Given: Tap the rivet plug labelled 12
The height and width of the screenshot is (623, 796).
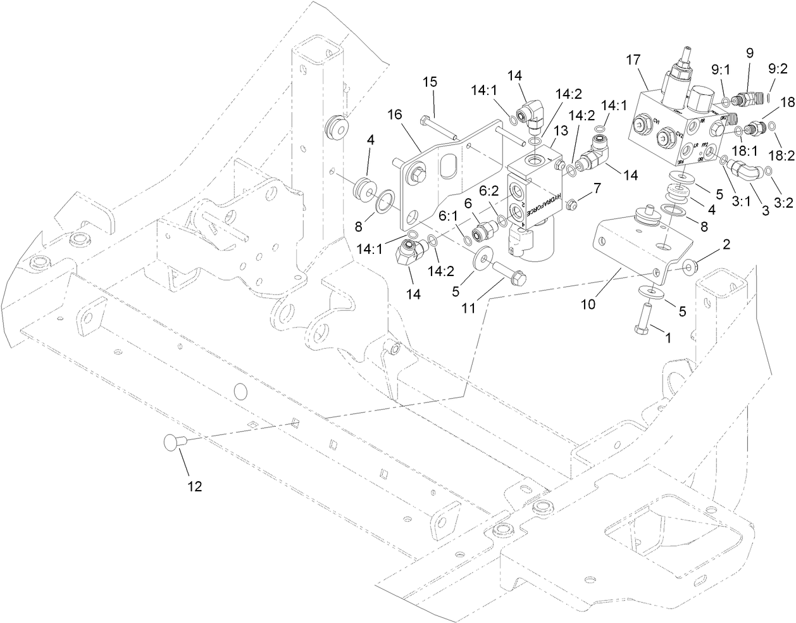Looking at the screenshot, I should (x=173, y=441).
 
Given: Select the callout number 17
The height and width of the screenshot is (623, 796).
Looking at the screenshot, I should (x=633, y=60).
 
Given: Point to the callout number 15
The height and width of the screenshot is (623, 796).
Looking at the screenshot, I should (x=430, y=82).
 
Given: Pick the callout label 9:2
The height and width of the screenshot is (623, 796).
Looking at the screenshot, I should (x=778, y=68).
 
